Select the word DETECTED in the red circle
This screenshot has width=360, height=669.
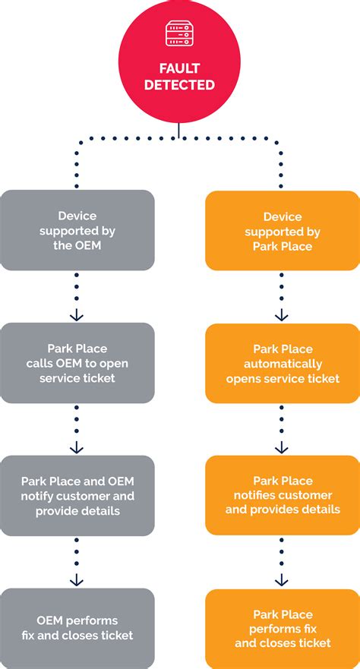pyautogui.click(x=179, y=85)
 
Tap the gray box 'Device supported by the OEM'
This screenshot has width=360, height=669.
pyautogui.click(x=77, y=230)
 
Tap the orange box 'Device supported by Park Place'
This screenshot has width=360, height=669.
pyautogui.click(x=283, y=230)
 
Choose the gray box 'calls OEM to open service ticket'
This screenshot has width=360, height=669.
pyautogui.click(x=77, y=363)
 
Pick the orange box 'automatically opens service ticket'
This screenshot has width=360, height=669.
pyautogui.click(x=283, y=363)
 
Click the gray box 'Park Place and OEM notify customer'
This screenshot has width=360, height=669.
pyautogui.click(x=77, y=496)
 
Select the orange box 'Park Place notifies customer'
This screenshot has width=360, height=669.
pyautogui.click(x=283, y=496)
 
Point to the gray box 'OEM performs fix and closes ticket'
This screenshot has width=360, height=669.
pyautogui.click(x=77, y=628)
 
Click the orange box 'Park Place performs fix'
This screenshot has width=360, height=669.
pyautogui.click(x=283, y=628)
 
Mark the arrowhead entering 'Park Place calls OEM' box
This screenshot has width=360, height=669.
pyautogui.click(x=77, y=315)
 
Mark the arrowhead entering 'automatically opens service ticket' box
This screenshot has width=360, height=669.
pyautogui.click(x=282, y=315)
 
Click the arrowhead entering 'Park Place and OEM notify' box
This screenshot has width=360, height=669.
pyautogui.click(x=77, y=448)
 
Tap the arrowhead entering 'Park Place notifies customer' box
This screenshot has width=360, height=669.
pyautogui.click(x=282, y=448)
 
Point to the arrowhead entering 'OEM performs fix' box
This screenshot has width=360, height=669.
pyautogui.click(x=77, y=580)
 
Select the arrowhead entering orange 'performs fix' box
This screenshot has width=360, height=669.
pyautogui.click(x=282, y=580)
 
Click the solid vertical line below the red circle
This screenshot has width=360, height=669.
pyautogui.click(x=179, y=131)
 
